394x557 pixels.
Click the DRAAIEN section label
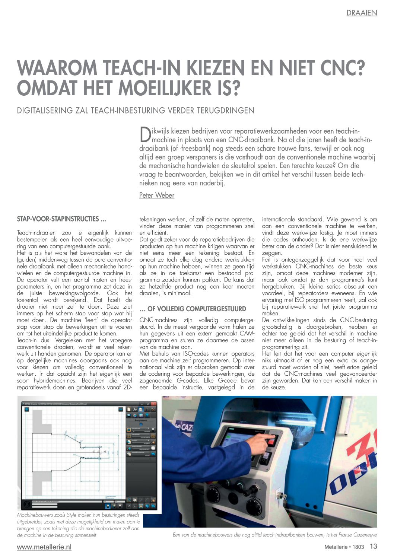(x=362, y=13)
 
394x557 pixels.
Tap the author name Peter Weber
(x=156, y=195)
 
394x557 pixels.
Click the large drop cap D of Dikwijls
(x=145, y=135)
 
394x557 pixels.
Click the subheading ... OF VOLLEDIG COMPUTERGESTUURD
(x=193, y=309)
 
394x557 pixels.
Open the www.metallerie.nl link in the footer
(x=44, y=547)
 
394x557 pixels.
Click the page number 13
(x=373, y=546)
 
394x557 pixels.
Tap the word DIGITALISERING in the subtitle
(x=45, y=111)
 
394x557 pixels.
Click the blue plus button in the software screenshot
(x=27, y=410)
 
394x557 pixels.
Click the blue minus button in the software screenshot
(x=121, y=410)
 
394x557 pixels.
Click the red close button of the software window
(x=154, y=404)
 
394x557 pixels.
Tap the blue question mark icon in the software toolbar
(x=147, y=416)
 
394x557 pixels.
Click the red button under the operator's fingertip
(x=271, y=442)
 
